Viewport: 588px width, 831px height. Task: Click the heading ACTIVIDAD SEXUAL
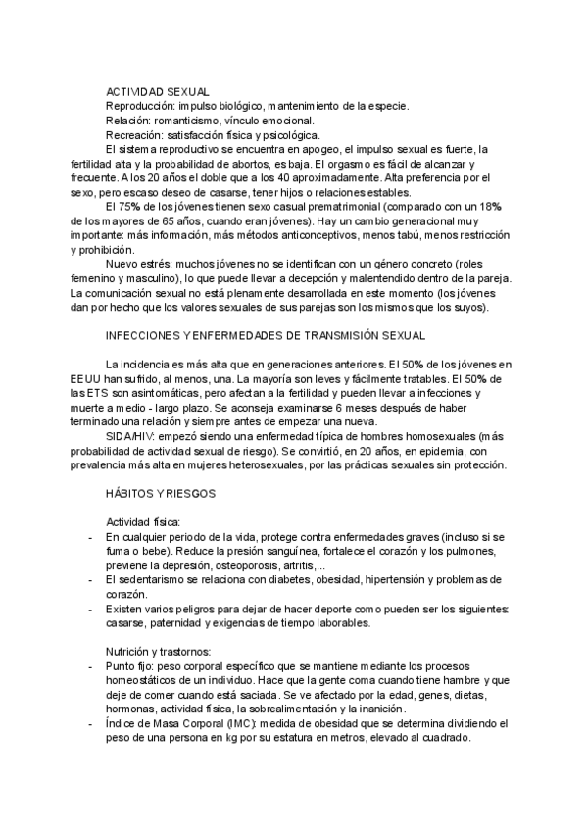(157, 91)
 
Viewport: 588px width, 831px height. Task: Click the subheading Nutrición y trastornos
(159, 652)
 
